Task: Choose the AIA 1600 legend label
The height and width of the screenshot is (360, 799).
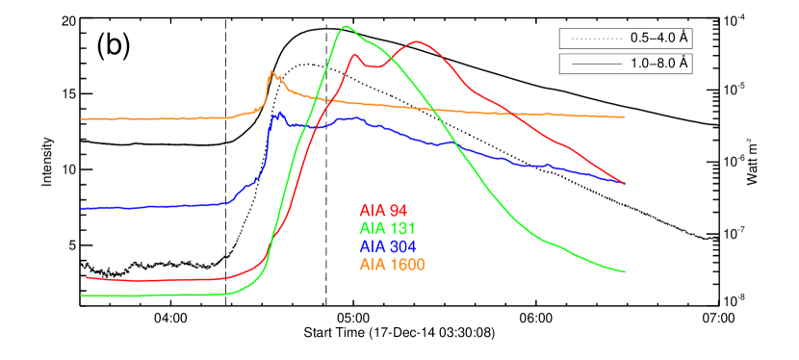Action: pos(392,264)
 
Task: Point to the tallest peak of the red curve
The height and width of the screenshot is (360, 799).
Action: pos(418,41)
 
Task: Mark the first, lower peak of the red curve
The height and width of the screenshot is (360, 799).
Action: pos(355,54)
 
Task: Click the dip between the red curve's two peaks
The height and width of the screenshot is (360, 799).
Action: pos(374,67)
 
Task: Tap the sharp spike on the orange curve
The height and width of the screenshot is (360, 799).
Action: pos(271,71)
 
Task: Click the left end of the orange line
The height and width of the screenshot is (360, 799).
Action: pos(81,118)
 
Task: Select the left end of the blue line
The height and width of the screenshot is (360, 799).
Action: pos(81,208)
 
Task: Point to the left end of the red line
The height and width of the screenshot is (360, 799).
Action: pos(87,277)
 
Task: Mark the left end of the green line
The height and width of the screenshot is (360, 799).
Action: pos(81,296)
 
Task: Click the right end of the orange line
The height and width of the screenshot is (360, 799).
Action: pos(625,116)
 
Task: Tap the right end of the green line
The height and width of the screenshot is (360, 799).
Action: pos(626,271)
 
